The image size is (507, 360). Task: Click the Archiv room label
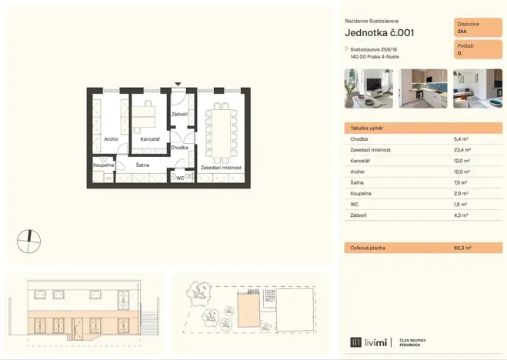(x=111, y=139)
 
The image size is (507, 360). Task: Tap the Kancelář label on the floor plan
(x=150, y=139)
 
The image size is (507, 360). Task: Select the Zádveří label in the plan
(x=180, y=115)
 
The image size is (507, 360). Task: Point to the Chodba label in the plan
(x=179, y=147)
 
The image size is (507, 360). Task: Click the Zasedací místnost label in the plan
(x=221, y=167)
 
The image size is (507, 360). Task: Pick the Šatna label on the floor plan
(x=143, y=165)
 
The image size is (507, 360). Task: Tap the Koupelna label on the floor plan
(x=104, y=165)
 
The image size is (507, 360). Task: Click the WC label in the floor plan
(x=180, y=178)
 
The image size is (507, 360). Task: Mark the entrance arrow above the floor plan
(x=178, y=84)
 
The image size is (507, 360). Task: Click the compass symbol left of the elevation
(x=28, y=241)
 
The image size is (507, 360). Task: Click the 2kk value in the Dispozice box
(x=462, y=32)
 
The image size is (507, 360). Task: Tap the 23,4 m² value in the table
(x=463, y=150)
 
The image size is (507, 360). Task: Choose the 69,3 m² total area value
(x=463, y=248)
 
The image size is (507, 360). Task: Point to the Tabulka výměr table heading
(x=367, y=128)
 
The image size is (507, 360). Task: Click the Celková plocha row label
(x=369, y=248)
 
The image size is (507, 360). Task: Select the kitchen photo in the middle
(x=422, y=88)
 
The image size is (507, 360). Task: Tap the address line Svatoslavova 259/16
(x=373, y=49)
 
